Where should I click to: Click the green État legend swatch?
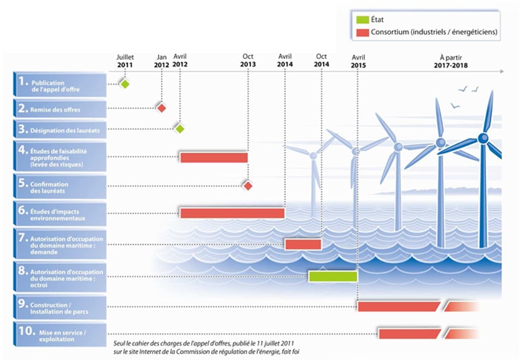pyautogui.click(x=362, y=20)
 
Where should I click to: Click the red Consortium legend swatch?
pyautogui.click(x=362, y=32)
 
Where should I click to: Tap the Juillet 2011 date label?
pyautogui.click(x=125, y=60)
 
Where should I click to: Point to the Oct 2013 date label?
pyautogui.click(x=247, y=60)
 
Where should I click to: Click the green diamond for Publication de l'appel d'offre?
pyautogui.click(x=125, y=84)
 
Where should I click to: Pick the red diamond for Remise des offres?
pyautogui.click(x=162, y=108)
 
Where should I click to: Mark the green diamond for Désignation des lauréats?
pyautogui.click(x=180, y=129)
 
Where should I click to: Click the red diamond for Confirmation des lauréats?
pyautogui.click(x=247, y=186)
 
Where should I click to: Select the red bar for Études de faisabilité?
pyautogui.click(x=214, y=157)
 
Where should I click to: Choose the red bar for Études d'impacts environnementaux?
pyautogui.click(x=232, y=213)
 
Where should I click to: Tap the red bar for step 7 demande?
pyautogui.click(x=303, y=244)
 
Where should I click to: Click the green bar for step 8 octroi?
pyautogui.click(x=333, y=276)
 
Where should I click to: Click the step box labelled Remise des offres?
pyautogui.click(x=60, y=109)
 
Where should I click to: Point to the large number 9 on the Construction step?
pyautogui.click(x=23, y=303)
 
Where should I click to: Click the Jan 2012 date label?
pyautogui.click(x=162, y=60)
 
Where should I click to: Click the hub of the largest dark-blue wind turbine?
pyautogui.click(x=483, y=138)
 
